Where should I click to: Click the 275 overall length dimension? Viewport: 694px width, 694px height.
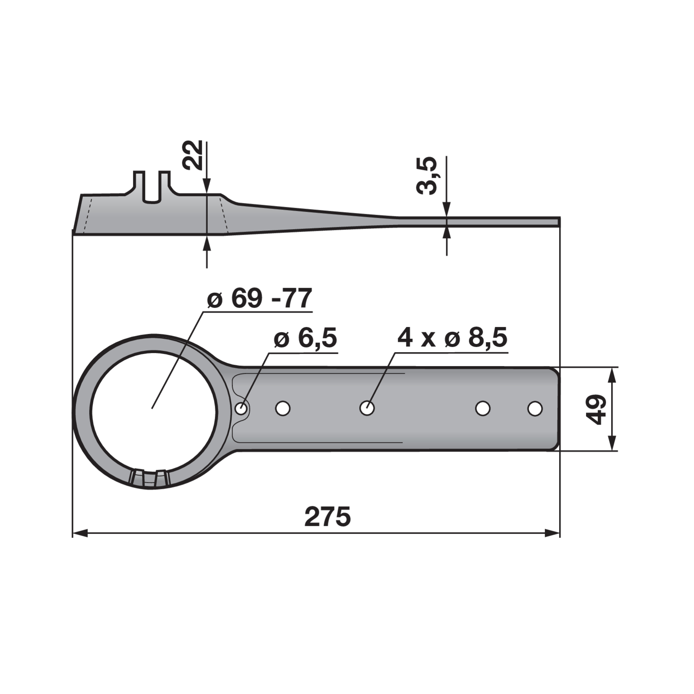pos(327,517)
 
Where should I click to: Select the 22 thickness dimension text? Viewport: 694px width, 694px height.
pos(193,155)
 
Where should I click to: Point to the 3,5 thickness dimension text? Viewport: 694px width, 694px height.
pos(427,176)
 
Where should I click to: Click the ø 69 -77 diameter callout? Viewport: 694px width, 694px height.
pos(259,298)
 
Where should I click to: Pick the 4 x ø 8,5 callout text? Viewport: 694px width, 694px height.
pos(452,337)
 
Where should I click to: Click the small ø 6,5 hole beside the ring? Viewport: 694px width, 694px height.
pos(241,408)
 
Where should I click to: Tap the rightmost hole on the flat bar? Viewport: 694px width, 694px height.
pos(534,409)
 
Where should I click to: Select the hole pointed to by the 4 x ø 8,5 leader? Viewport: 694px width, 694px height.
pos(367,408)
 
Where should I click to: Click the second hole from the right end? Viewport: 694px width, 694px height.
pos(483,409)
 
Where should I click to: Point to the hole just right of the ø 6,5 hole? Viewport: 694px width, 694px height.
pos(283,408)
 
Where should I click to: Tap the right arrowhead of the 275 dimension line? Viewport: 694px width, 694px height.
pos(553,533)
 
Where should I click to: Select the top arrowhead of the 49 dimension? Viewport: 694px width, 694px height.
pos(612,375)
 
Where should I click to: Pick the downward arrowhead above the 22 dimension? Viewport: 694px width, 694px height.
pos(207,186)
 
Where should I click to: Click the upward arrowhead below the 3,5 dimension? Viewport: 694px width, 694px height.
pos(447,232)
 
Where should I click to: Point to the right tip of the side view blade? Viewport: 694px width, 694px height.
pos(559,222)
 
